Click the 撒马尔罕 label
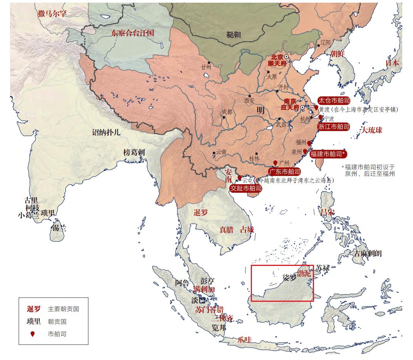pos(52,14)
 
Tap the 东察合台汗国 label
pos(133,33)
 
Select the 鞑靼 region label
pos(233,35)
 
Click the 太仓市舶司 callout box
pos(334,101)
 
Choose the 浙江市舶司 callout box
pos(334,126)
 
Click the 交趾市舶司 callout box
pos(246,188)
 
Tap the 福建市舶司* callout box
pos(328,154)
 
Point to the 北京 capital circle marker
pos(286,57)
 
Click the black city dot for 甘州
pos(209,62)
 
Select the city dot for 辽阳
pos(318,46)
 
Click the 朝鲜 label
pos(337,54)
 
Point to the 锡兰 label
pos(59,228)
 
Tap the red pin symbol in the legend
pos(32,334)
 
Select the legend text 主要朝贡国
pos(63,309)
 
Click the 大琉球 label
pos(372,130)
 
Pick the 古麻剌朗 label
pos(368,253)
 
